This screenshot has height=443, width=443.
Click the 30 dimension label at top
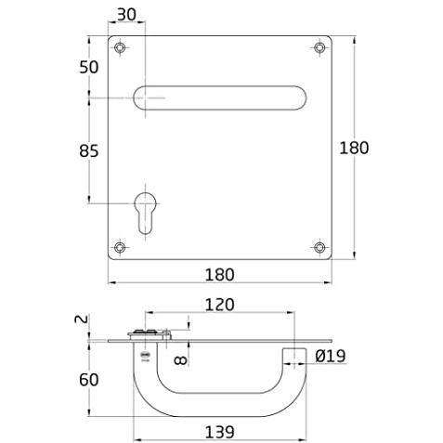pyautogui.click(x=126, y=15)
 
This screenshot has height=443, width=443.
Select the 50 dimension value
pyautogui.click(x=89, y=67)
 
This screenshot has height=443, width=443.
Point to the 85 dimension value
pyautogui.click(x=89, y=151)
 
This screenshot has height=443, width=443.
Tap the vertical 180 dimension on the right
pyautogui.click(x=354, y=148)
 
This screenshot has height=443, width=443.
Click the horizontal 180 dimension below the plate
pyautogui.click(x=220, y=275)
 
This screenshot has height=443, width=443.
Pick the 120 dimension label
pyautogui.click(x=220, y=305)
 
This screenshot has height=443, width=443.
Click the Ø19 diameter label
pyautogui.click(x=331, y=356)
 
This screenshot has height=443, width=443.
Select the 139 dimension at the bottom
pyautogui.click(x=220, y=432)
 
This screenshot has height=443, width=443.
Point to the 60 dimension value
pyautogui.click(x=89, y=380)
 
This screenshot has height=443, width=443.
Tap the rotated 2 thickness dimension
pyautogui.click(x=82, y=319)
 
